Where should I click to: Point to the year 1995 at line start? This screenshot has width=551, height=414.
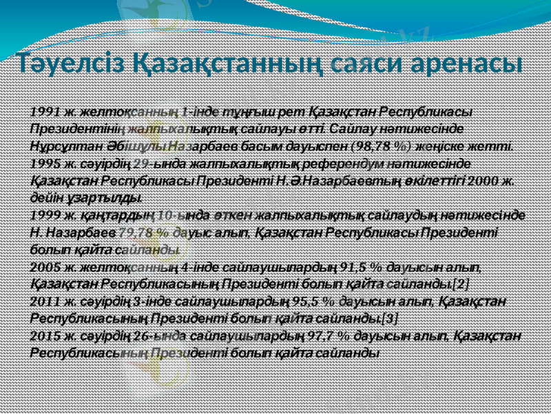coord(44,163)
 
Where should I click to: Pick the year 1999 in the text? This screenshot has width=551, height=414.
coord(44,215)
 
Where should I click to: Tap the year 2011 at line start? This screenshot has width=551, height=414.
coord(44,301)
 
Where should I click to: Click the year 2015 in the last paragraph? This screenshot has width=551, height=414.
coord(44,335)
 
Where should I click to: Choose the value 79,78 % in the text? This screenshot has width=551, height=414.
coord(143,232)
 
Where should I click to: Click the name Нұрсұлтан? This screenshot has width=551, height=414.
coord(58,146)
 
